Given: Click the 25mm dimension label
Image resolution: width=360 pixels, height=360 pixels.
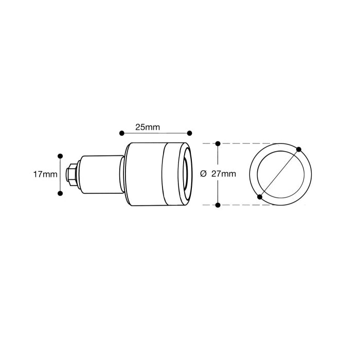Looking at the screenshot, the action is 148,127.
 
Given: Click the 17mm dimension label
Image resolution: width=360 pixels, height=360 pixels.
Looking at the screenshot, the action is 45,174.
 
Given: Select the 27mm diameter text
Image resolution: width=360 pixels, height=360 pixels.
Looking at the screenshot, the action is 224,174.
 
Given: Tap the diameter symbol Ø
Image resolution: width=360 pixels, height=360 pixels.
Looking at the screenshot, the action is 203,174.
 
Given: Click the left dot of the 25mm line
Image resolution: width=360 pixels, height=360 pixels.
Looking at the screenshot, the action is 122,133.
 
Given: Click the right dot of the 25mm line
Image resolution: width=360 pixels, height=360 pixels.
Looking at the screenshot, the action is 190,133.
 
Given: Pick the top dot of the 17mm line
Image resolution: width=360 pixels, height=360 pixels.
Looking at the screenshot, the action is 60,156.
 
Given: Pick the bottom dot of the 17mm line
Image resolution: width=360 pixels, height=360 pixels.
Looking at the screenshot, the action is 60,193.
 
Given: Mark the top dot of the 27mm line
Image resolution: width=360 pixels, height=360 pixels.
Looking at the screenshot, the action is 218,143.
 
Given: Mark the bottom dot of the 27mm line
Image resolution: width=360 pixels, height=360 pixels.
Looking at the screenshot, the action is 218,205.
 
